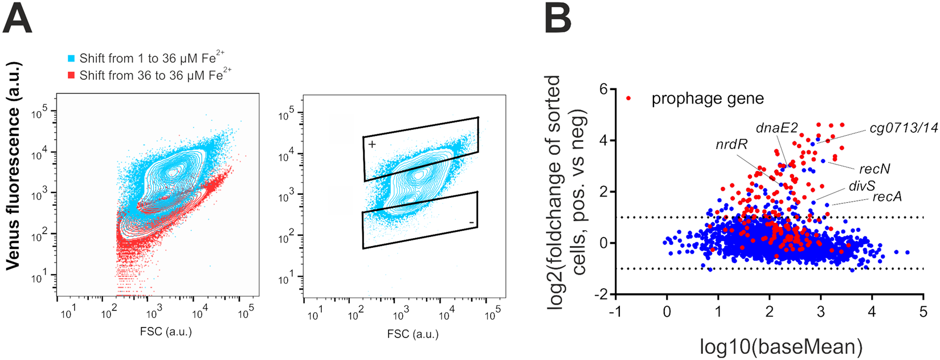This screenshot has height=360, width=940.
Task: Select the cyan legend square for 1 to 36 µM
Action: click(71, 59)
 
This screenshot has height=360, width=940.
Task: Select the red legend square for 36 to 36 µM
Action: click(71, 75)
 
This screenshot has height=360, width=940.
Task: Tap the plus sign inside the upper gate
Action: click(372, 145)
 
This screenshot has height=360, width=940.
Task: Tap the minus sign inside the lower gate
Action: click(472, 222)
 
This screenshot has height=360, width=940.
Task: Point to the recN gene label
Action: click(874, 169)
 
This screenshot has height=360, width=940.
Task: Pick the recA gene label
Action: click(887, 198)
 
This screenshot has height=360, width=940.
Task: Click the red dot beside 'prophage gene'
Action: click(628, 99)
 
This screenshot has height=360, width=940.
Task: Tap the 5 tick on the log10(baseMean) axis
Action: click(922, 313)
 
